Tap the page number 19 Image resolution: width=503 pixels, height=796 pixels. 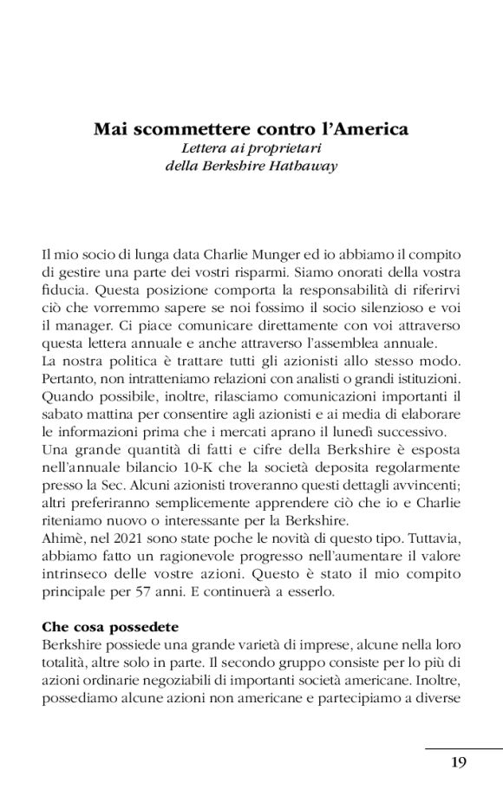tap(461, 762)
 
